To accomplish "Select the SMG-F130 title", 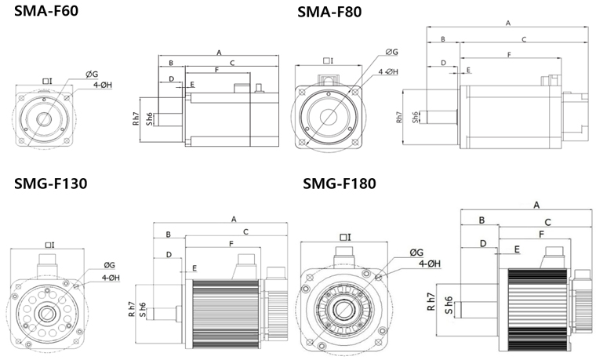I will click(x=50, y=184).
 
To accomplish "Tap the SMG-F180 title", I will click(x=340, y=184).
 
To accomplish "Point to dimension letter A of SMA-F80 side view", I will click(x=508, y=24).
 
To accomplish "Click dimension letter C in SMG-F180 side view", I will click(x=547, y=222).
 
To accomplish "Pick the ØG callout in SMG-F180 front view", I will click(x=416, y=252).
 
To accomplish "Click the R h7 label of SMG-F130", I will click(x=132, y=310).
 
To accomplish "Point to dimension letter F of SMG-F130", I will click(x=231, y=245).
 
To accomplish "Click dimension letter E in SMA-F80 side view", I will click(x=468, y=70).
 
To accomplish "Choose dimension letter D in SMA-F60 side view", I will click(x=172, y=79).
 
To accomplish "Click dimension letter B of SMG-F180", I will click(x=482, y=221).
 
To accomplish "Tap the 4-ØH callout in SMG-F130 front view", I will click(x=110, y=277).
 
